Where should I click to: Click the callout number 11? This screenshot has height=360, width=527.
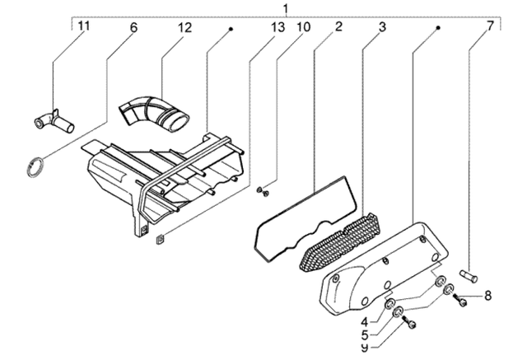point(84,26)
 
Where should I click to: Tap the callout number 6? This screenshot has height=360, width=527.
point(133,27)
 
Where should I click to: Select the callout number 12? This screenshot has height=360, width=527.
point(184,27)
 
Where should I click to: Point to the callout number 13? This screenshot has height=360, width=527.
point(277,27)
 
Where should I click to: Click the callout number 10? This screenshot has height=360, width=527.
point(303,26)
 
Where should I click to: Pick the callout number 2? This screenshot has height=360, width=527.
point(338,26)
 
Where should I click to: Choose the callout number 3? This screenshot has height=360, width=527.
point(382,27)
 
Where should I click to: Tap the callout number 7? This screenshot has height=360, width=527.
point(491,26)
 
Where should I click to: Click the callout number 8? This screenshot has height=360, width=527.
point(487,296)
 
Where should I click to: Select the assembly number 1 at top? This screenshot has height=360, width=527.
point(286,8)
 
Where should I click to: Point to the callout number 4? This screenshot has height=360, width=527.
point(365,322)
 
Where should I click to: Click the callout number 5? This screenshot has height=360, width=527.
point(365,334)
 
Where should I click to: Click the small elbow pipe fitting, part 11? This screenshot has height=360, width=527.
point(54,121)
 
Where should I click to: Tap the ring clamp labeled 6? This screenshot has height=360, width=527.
point(35,166)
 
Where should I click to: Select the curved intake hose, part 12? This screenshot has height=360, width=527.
point(154,113)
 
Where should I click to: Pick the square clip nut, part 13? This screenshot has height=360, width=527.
point(160,239)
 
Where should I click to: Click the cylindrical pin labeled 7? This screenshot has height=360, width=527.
point(469,276)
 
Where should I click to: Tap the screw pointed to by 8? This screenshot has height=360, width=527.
point(459,300)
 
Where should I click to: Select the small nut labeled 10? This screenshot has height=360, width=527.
point(263,192)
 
